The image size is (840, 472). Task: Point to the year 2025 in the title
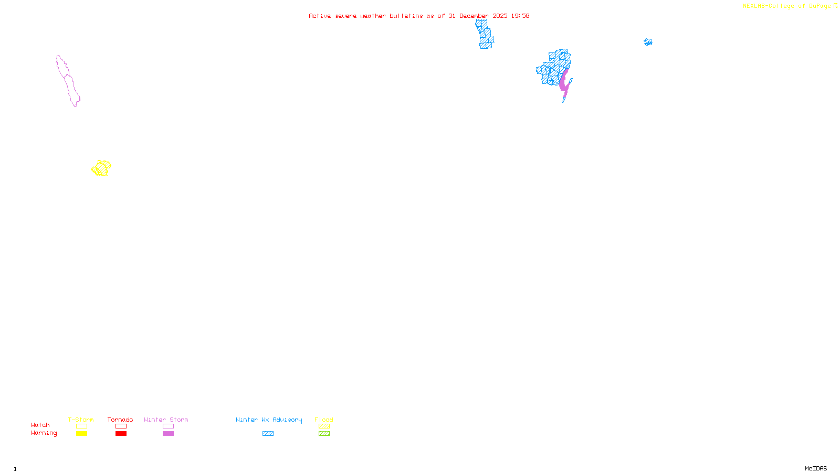500,16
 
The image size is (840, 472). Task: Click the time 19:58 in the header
520,16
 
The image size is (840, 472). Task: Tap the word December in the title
474,16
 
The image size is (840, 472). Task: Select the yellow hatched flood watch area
101,168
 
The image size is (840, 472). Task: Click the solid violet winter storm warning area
564,83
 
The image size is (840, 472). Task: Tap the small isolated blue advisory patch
648,42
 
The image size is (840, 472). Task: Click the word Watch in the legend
40,425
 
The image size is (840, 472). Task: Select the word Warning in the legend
44,433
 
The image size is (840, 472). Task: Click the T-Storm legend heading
81,420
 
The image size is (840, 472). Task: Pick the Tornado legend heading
120,420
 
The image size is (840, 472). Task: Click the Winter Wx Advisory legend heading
269,420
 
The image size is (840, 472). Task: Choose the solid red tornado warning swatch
121,434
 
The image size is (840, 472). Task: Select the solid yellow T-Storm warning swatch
81,434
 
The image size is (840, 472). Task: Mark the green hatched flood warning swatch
324,434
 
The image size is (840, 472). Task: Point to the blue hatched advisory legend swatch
268,434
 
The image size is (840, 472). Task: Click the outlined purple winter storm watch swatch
168,426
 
